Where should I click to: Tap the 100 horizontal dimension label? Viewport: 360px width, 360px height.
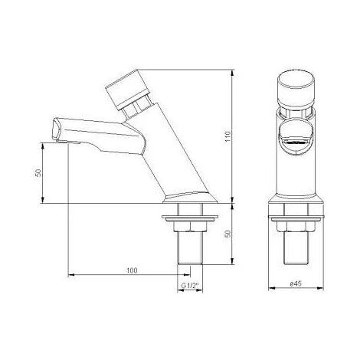(x=132, y=270)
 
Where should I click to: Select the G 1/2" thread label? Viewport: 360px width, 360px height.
(x=190, y=286)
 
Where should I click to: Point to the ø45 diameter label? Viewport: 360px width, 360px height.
(x=296, y=283)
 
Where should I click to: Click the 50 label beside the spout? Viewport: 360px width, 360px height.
(x=38, y=173)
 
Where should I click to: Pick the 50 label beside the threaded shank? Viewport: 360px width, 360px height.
(x=228, y=234)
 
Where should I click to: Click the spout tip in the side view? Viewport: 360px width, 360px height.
(x=58, y=129)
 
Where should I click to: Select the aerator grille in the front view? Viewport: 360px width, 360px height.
(x=296, y=143)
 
